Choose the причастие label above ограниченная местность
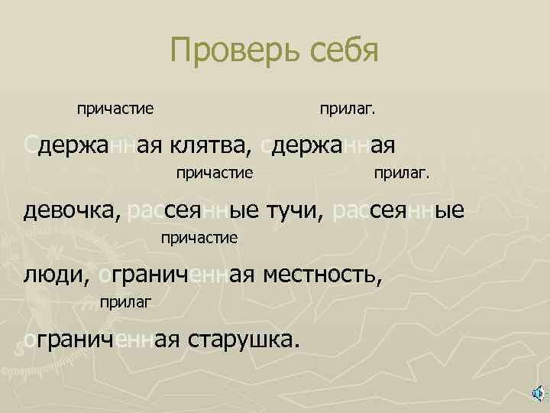199,238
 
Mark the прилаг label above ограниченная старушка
125,303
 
